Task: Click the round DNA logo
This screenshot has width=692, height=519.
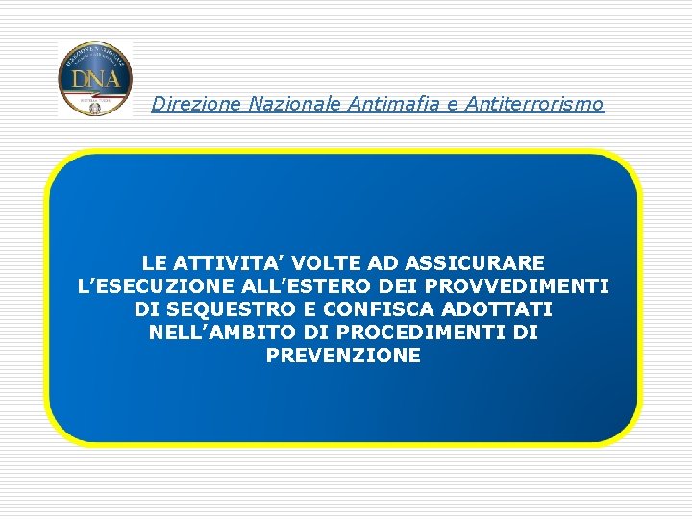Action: pos(95,79)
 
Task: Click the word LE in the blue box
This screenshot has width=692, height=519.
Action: pos(154,262)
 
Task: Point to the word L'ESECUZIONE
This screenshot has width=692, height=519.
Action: pos(159,286)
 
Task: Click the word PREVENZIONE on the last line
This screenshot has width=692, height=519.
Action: pos(343,356)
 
